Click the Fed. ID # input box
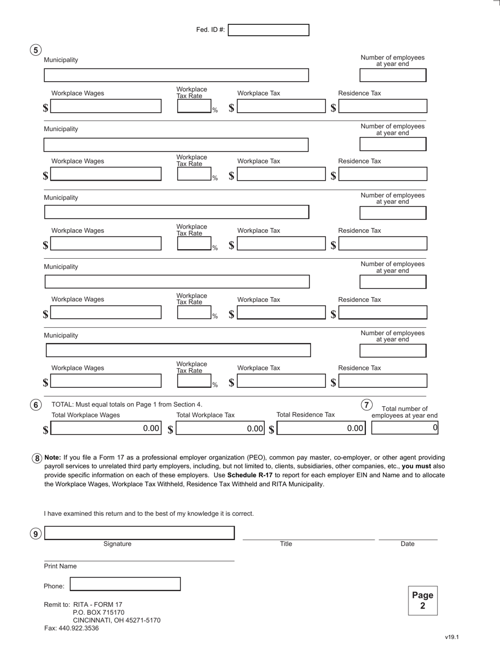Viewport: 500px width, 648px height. [x=268, y=30]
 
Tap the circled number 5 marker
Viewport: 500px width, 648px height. [x=35, y=50]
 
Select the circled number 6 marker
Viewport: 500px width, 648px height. [x=35, y=405]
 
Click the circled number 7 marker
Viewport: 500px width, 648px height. [x=366, y=405]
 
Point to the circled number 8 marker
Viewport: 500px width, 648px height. [x=37, y=458]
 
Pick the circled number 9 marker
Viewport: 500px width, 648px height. [x=35, y=534]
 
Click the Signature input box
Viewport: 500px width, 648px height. [x=139, y=533]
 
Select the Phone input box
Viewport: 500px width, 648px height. [x=125, y=584]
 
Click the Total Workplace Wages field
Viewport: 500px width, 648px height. [x=106, y=428]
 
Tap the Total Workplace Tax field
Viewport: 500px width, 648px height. [x=220, y=428]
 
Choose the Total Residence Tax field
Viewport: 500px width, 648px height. [x=321, y=428]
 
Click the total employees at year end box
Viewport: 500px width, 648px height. [x=404, y=428]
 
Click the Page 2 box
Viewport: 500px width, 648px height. [x=423, y=601]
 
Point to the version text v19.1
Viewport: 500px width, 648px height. [x=452, y=637]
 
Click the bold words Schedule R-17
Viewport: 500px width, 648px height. [x=250, y=475]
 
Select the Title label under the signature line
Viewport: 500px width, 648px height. [x=286, y=544]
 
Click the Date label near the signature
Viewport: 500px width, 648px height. [x=407, y=544]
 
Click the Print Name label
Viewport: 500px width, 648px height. [x=60, y=566]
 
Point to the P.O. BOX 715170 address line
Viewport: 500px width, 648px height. [x=98, y=613]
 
